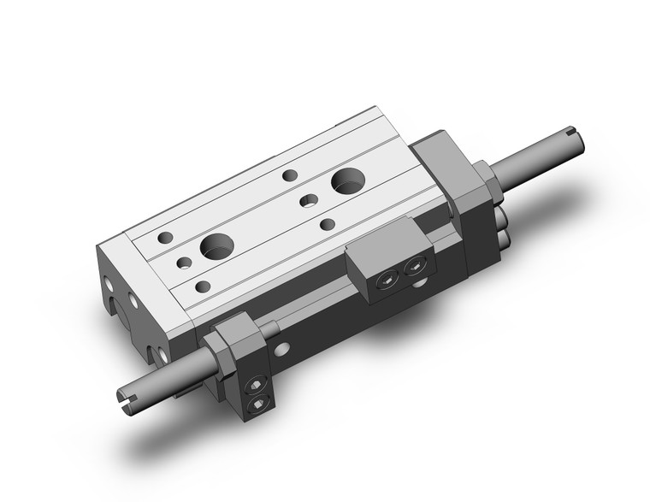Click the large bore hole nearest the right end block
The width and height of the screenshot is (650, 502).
(x=347, y=180)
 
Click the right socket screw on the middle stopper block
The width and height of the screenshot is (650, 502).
(x=417, y=268)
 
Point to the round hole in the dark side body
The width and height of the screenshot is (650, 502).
(x=282, y=347)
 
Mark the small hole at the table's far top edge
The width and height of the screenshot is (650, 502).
(x=290, y=175)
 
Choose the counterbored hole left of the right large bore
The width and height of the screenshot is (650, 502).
(x=309, y=202)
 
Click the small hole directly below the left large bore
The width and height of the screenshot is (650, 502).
(x=202, y=286)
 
